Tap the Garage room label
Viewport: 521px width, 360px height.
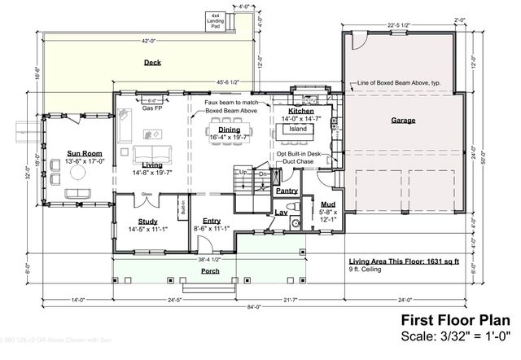[x=403, y=121]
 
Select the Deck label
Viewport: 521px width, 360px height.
[x=152, y=63]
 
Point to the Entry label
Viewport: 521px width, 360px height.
[x=212, y=221]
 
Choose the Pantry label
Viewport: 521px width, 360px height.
[x=287, y=191]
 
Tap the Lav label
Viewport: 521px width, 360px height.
[x=281, y=213]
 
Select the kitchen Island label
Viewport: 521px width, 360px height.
[x=298, y=129]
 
